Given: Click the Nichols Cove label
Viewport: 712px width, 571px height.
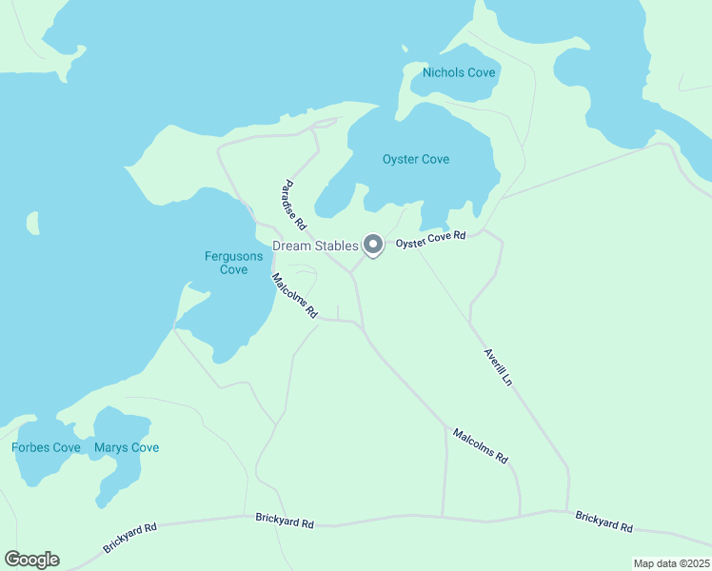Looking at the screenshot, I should (460, 71).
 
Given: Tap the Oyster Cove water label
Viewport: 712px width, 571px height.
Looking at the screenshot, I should (416, 159).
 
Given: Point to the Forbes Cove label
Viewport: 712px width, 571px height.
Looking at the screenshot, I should (46, 447).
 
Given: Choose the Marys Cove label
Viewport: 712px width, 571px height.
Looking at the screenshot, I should (127, 447).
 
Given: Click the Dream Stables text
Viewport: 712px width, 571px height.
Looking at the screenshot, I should (315, 246).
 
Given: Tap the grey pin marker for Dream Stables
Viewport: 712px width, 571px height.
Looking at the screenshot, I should (374, 246).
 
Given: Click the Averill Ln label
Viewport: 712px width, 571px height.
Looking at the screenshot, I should (498, 366).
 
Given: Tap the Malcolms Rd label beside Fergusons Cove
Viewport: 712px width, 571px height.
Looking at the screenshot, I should (294, 295).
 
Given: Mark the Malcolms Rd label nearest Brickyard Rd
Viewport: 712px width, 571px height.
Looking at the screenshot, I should (481, 446).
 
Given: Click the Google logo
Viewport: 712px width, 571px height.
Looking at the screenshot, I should (31, 560).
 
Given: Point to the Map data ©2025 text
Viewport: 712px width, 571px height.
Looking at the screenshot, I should (670, 563).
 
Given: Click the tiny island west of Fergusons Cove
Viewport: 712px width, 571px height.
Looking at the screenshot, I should (33, 223).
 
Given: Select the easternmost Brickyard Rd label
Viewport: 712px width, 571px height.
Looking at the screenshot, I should (603, 521).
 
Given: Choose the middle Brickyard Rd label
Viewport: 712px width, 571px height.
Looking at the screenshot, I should (284, 519).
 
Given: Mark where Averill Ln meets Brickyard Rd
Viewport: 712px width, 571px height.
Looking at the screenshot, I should (567, 511).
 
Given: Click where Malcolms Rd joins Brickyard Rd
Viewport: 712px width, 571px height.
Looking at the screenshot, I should (521, 516).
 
